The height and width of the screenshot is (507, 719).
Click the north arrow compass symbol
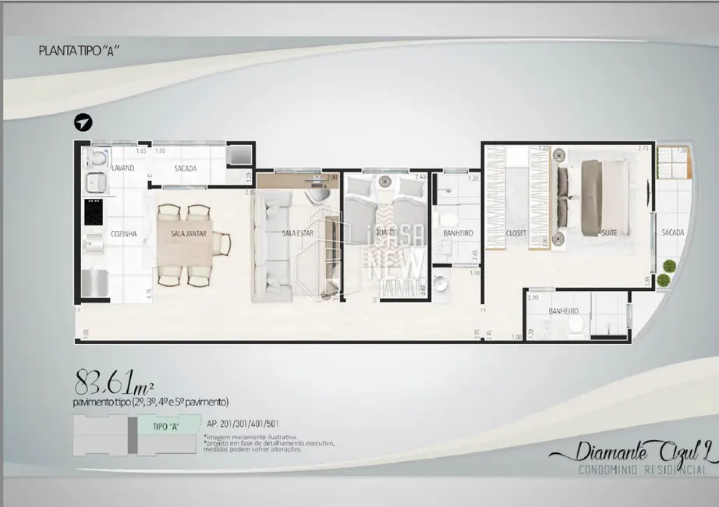pos(83,123)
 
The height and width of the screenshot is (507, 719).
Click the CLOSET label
pos(516,233)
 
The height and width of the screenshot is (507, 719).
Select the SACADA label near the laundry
pos(186,168)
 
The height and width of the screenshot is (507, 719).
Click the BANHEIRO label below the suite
pos(563,310)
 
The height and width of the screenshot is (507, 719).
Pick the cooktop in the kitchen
pos(92,210)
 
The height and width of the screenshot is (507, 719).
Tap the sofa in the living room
pos(267,246)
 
